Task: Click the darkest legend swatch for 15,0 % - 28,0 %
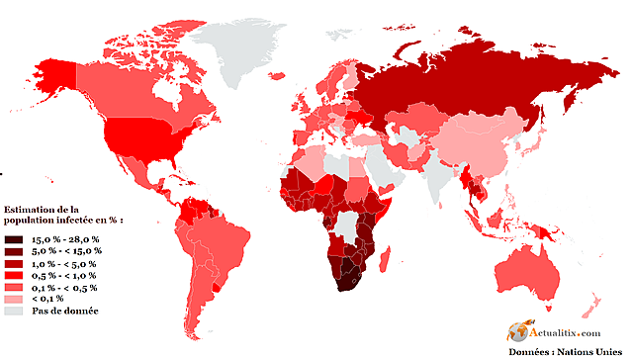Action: [13, 240]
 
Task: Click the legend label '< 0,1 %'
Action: [47, 299]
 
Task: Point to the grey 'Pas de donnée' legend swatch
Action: [13, 311]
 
